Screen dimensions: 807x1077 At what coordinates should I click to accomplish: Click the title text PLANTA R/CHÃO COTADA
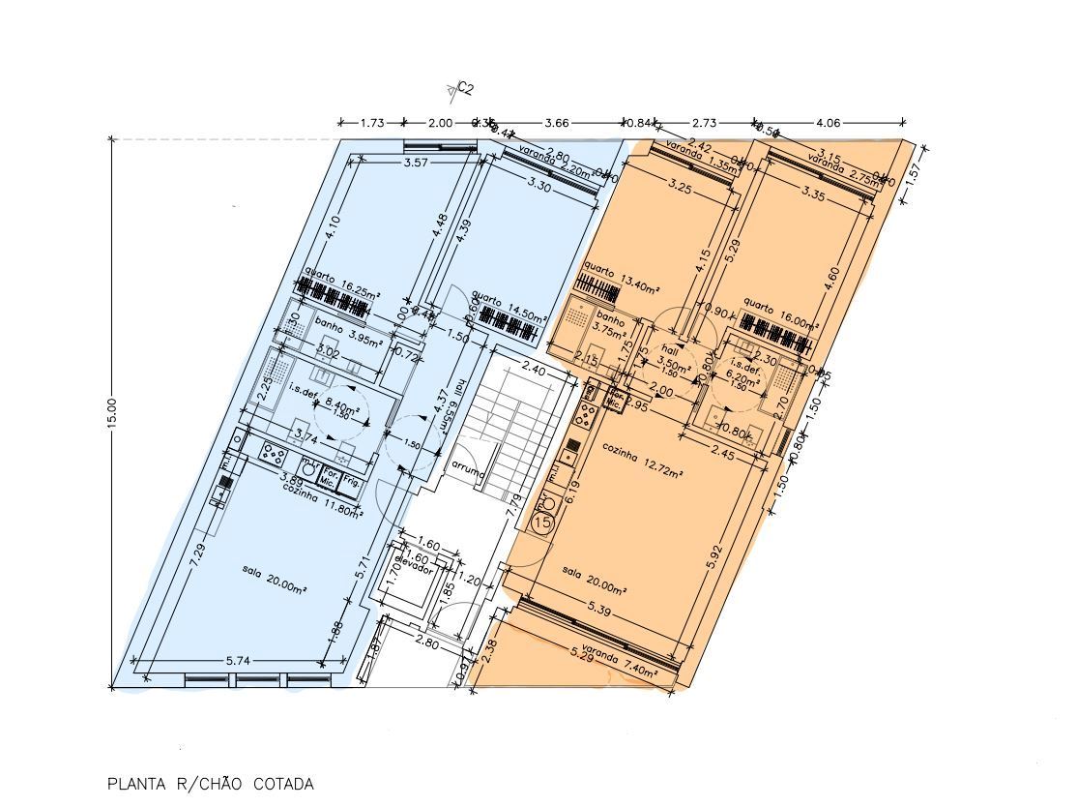[210, 784]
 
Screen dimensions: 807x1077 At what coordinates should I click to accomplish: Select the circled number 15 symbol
[542, 523]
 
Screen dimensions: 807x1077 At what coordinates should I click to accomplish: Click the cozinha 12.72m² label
[643, 461]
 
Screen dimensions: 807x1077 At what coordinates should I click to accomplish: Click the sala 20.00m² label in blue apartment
[275, 580]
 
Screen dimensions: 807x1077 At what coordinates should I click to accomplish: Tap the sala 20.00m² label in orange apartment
[594, 580]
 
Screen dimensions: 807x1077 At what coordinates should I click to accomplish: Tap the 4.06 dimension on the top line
[830, 123]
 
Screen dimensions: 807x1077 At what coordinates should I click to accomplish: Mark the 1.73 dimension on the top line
[372, 123]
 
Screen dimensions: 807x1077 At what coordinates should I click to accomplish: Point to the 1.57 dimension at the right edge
[914, 175]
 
